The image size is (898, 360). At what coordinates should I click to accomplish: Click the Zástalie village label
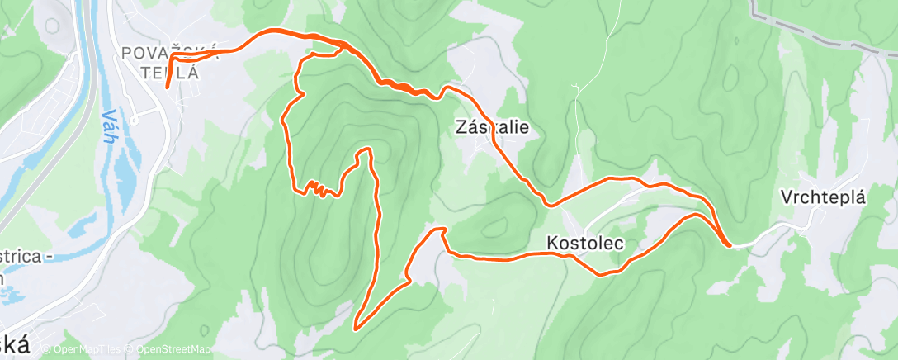coord(491,128)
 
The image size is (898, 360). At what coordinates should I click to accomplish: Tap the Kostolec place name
coord(584,244)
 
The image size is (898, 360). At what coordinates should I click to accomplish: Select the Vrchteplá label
coord(824,198)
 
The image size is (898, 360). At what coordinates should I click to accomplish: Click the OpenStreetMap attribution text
coord(170,349)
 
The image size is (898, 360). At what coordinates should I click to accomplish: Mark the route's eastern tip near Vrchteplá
coord(728,244)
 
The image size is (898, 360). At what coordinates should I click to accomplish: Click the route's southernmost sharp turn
coord(356,328)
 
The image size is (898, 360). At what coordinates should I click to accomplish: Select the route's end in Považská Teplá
coord(167,86)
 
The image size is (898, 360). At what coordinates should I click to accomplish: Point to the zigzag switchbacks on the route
coord(316,189)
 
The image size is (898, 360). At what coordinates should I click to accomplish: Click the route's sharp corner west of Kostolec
coord(442,230)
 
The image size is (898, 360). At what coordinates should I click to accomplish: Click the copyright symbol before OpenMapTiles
coord(45,349)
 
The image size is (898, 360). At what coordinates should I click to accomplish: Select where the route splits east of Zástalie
coord(549,203)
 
